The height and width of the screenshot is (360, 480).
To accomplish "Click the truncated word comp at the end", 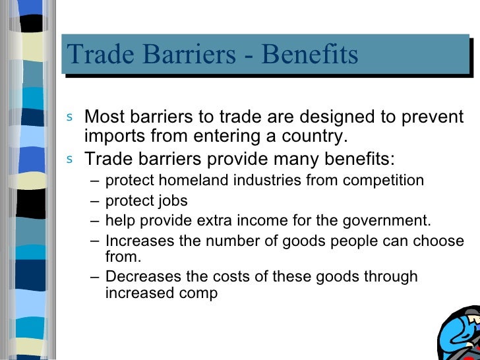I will click(196, 293).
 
